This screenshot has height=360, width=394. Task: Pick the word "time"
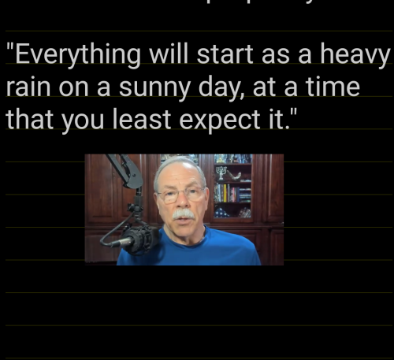tap(332, 87)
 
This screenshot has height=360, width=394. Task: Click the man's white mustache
tap(183, 214)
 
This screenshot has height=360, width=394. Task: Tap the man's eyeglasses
tap(180, 193)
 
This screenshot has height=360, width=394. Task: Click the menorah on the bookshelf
tap(221, 172)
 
